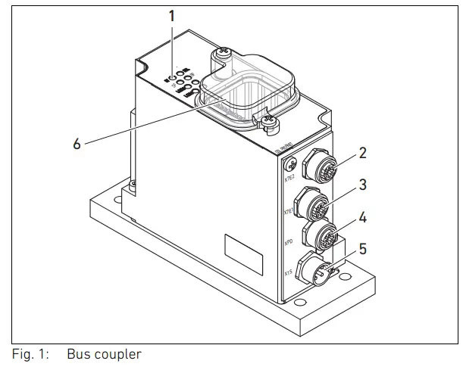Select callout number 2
pos(363,153)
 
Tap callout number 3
pos(363,184)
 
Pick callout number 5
pos(363,247)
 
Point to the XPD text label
pos(289,244)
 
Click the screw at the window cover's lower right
pos(266,120)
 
